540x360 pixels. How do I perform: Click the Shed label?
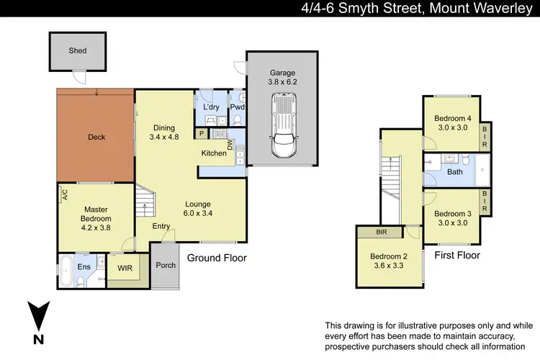pyautogui.click(x=77, y=51)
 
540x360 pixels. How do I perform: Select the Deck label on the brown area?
pyautogui.click(x=96, y=137)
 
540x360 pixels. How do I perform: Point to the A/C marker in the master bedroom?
pyautogui.click(x=64, y=194)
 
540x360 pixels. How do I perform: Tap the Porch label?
pyautogui.click(x=166, y=265)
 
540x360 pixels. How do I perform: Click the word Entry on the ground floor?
pyautogui.click(x=161, y=226)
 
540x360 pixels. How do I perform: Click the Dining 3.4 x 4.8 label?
pyautogui.click(x=163, y=132)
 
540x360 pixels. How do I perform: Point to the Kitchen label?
pyautogui.click(x=214, y=153)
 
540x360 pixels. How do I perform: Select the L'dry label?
pyautogui.click(x=211, y=107)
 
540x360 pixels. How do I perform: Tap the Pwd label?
pyautogui.click(x=237, y=107)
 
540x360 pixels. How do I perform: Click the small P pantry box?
pyautogui.click(x=202, y=134)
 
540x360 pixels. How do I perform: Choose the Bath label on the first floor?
pyautogui.click(x=455, y=172)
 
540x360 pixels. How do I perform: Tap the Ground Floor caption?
pyautogui.click(x=217, y=257)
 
